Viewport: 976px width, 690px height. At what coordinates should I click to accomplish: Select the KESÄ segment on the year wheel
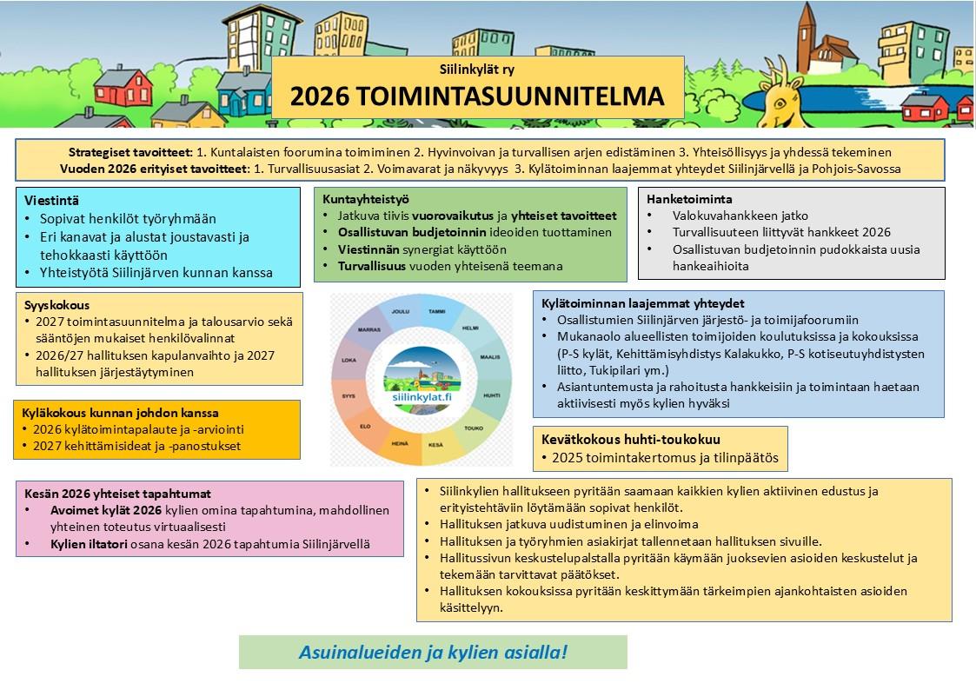435,444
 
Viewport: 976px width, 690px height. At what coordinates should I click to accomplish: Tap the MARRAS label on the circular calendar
368,329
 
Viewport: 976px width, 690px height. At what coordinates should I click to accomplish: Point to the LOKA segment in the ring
349,360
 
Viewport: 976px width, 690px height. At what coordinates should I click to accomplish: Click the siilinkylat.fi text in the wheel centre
422,396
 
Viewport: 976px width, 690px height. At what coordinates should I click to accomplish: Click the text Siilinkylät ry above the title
477,69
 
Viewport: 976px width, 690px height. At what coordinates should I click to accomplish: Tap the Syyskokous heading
57,306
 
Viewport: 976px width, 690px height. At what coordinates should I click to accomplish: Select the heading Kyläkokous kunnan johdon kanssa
120,412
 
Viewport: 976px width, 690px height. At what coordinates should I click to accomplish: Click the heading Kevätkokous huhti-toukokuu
630,439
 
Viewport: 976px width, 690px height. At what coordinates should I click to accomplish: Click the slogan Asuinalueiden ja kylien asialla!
433,652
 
